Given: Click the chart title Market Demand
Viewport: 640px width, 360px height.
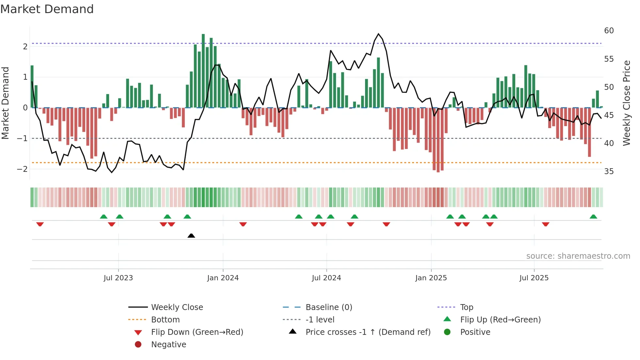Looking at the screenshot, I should click(47, 9).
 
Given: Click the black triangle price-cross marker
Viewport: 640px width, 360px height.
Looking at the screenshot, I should click(191, 236).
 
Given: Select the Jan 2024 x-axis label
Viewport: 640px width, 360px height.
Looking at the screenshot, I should click(223, 278).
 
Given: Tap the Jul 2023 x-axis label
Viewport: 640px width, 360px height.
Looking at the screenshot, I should click(118, 278).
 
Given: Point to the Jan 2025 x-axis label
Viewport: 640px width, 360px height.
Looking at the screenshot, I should click(431, 278).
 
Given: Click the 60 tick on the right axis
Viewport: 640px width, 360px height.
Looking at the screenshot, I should click(609, 31).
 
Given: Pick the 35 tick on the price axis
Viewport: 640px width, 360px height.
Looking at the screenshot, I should click(609, 172).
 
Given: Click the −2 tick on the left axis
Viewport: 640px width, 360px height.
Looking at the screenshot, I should click(22, 169).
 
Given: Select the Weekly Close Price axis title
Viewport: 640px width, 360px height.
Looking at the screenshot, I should click(626, 103).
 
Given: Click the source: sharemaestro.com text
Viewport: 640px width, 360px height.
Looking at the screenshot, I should click(578, 256).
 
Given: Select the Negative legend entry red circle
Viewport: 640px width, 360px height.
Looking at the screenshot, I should click(138, 345).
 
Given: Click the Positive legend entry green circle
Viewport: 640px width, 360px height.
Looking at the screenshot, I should click(447, 332).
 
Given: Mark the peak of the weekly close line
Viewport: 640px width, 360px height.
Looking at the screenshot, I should click(378, 34).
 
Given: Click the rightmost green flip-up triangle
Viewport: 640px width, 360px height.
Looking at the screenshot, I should click(593, 217).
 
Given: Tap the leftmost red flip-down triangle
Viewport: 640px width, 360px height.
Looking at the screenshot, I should click(40, 224).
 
